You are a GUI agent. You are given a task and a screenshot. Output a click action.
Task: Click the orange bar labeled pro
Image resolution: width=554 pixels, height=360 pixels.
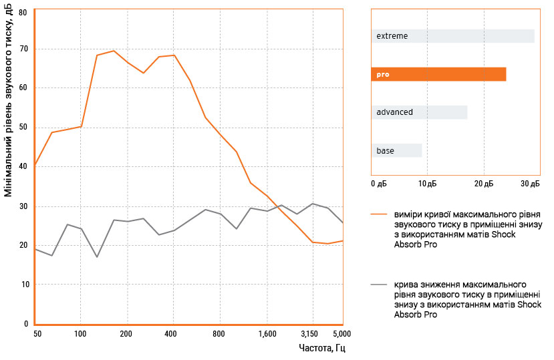[438, 74]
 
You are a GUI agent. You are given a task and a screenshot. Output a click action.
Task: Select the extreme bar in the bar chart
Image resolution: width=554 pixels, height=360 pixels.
[452, 36]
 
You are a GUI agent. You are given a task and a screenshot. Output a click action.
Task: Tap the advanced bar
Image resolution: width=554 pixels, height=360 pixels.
[419, 112]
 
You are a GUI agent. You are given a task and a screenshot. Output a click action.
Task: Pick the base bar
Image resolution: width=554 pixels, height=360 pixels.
[396, 151]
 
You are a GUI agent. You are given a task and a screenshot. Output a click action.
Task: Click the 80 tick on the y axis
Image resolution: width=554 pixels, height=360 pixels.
[23, 12]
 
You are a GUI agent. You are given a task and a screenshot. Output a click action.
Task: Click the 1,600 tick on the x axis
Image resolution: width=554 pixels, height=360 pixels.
[266, 333]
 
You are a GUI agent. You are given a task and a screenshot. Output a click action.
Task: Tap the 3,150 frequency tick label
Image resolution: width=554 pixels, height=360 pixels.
[310, 333]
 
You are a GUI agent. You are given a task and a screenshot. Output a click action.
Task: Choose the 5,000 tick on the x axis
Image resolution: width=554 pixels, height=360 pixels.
[341, 333]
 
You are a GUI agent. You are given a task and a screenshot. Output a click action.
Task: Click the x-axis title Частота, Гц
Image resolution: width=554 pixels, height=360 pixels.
[322, 349]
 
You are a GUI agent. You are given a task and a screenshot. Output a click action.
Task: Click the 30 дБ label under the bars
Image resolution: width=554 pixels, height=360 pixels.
[530, 183]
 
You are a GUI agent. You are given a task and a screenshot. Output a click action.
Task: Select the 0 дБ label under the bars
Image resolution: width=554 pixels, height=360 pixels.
[378, 183]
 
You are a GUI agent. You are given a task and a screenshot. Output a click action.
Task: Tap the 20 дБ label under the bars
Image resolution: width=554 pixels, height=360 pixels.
[484, 183]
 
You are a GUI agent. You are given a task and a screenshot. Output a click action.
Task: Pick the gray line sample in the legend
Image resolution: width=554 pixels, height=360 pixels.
[380, 284]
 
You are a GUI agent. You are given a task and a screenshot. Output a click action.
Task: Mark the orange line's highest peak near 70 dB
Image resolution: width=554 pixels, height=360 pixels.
[114, 51]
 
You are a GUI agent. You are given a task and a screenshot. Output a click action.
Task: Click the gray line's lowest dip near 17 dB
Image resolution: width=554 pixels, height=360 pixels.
[97, 256]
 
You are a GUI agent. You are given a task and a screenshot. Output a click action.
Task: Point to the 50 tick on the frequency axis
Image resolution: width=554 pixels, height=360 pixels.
[37, 333]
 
